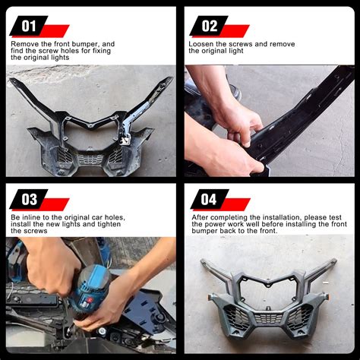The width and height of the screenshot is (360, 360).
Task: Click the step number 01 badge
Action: point(29,26)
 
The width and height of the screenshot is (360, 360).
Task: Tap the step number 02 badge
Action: point(209,26)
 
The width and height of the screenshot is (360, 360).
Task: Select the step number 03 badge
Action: point(29,199)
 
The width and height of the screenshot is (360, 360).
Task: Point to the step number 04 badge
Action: point(210,199)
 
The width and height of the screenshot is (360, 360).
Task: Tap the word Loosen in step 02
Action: point(201,44)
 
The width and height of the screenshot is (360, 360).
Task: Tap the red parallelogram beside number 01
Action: point(55,31)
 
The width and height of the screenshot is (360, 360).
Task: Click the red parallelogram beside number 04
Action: point(235,204)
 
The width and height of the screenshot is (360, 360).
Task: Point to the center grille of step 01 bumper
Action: point(90,159)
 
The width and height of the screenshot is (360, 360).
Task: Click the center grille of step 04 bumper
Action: point(268,317)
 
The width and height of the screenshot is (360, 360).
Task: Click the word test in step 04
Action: point(335,217)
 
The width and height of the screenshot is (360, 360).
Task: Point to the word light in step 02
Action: point(235,51)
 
